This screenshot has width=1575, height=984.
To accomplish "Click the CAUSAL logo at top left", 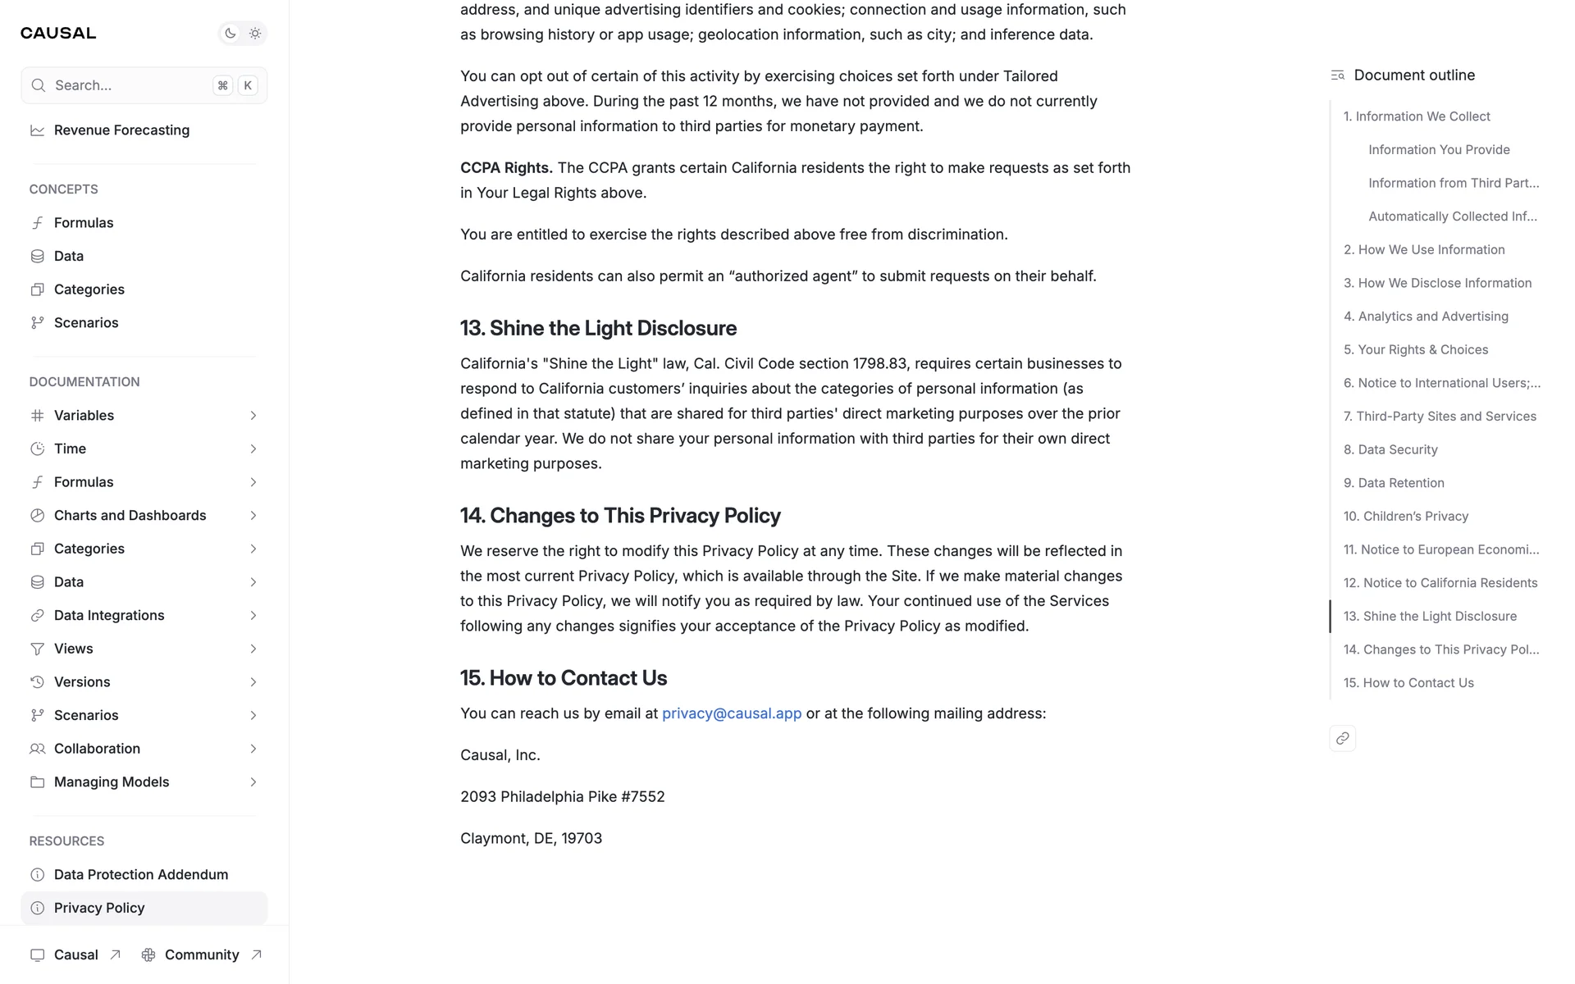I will point(58,33).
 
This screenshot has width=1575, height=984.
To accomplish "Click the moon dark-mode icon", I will point(231,34).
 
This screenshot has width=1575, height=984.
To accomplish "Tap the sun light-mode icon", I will point(255,34).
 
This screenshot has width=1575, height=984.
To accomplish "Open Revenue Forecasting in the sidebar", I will point(121,130).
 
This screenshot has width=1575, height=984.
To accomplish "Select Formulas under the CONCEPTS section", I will point(84,223).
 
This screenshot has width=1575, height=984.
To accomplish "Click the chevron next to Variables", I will point(253,416).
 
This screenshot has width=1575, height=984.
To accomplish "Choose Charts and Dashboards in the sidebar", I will point(130,516).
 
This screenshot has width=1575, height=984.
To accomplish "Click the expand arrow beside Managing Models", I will point(253,782).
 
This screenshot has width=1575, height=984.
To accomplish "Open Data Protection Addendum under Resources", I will point(141,875).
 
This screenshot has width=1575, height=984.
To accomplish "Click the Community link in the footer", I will point(202,954).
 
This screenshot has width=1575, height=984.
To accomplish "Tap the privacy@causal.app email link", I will point(732,713).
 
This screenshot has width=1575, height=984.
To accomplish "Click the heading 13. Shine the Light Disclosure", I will point(598,328).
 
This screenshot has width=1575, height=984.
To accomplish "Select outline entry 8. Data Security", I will point(1390,449).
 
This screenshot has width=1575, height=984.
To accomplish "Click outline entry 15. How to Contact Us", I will point(1408,683).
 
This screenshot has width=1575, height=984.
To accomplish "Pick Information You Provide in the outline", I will point(1439,150).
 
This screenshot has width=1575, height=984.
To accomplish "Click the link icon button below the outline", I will point(1342,738).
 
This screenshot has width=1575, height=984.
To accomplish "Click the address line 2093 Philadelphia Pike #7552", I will point(562,797).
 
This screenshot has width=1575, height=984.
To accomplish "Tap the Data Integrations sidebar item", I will point(109,616).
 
